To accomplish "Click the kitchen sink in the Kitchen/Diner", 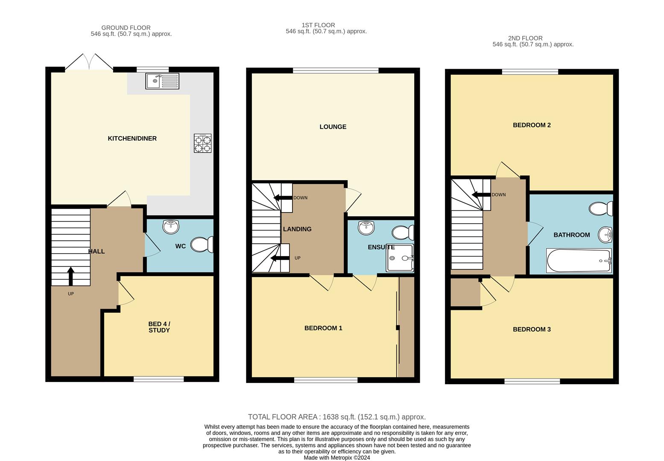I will tap(162, 81).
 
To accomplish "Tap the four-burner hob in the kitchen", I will tap(202, 143).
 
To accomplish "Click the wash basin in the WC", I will tap(171, 227).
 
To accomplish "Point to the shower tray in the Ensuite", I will tap(400, 258).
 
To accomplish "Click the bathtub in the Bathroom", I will tap(579, 260).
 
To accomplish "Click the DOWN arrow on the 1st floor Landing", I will tap(282, 198).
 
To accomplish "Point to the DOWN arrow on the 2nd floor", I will tap(480, 195).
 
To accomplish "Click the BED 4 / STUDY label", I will tap(159, 327).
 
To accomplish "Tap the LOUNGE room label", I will tap(333, 127).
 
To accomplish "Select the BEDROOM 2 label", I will tap(532, 125).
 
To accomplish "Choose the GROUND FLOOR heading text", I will tap(126, 28).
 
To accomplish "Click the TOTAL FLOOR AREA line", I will tap(336, 417).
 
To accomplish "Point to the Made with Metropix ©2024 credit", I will tap(336, 458).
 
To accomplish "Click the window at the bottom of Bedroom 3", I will tap(532, 381).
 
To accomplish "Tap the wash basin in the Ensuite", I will tap(366, 228).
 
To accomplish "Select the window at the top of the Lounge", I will tap(336, 71).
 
